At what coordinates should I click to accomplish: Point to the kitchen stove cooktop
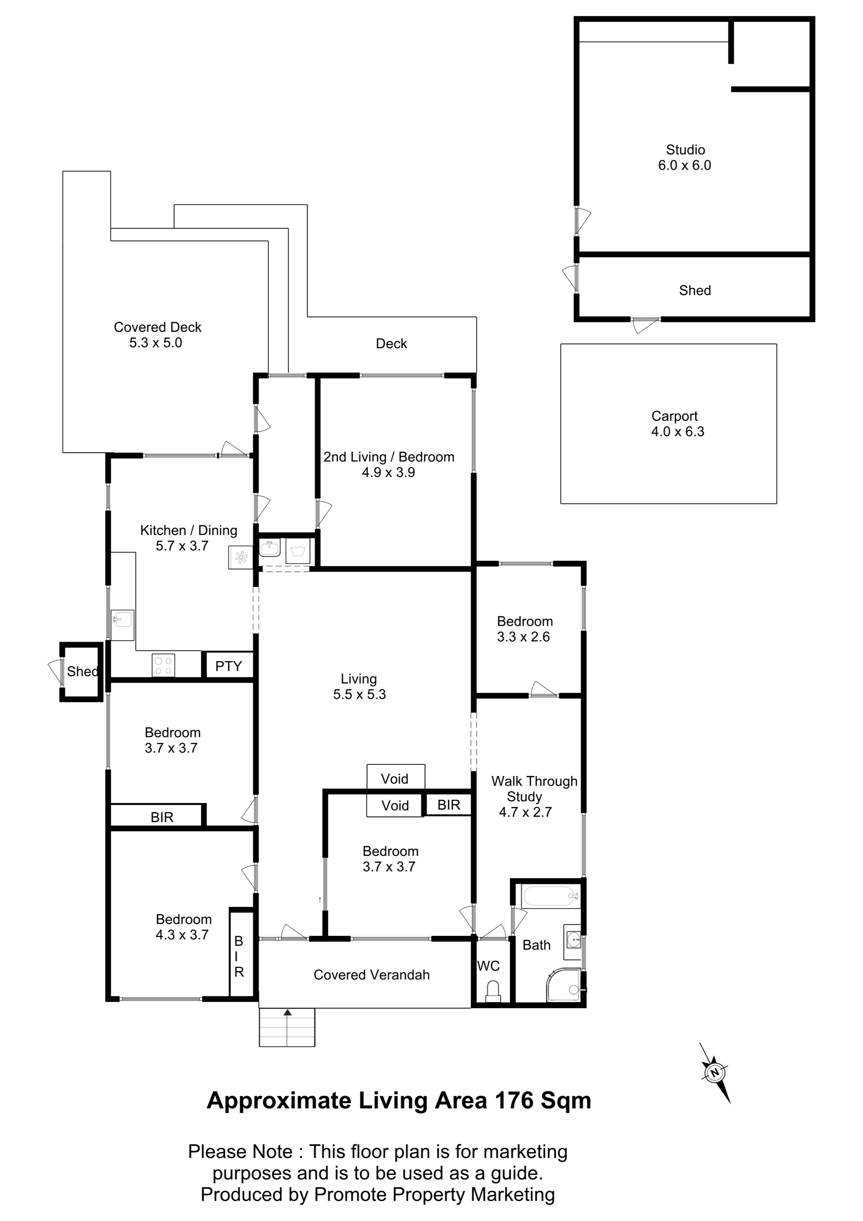(163, 665)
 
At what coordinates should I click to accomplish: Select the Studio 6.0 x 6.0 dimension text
(685, 165)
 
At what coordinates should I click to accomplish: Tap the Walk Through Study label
(534, 789)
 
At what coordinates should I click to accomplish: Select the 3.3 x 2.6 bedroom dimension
(524, 637)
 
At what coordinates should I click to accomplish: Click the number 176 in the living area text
(515, 1100)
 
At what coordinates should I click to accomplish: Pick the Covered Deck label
(158, 327)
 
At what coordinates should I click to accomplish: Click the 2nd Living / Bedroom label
(389, 457)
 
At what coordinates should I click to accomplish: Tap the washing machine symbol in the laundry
(298, 550)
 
